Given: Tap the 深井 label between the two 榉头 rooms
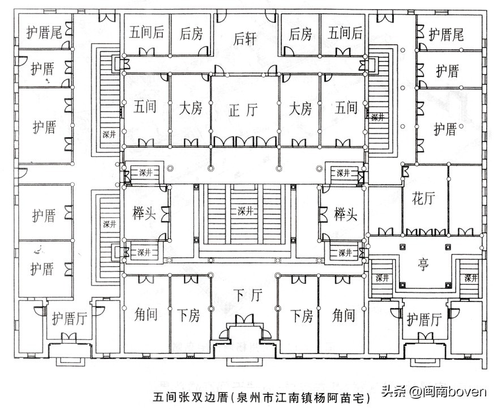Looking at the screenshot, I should pos(245,211).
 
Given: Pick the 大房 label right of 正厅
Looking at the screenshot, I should pos(299,108).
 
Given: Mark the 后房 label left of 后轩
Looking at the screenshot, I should pos(191,33).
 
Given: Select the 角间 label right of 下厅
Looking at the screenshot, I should pos(344,315).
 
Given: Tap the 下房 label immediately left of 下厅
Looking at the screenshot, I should pos(189,315).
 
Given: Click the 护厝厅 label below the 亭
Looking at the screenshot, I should pos(423,320).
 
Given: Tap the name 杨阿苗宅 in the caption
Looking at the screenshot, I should pos(341,396).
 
